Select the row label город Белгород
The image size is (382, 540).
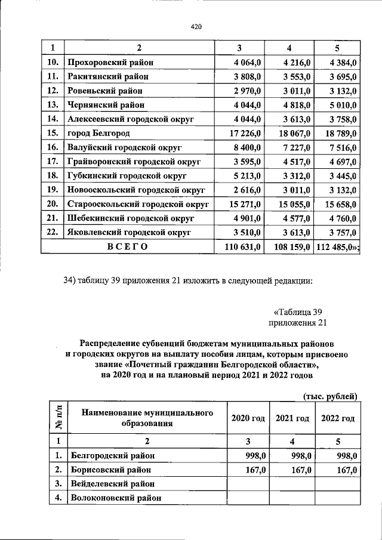click(98, 133)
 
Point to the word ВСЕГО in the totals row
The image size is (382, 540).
click(127, 246)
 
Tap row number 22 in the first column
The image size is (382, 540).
click(52, 232)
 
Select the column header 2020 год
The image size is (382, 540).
click(248, 418)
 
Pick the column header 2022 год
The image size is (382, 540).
click(338, 418)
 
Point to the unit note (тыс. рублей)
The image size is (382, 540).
click(329, 396)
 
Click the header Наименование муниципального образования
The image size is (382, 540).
click(147, 418)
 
